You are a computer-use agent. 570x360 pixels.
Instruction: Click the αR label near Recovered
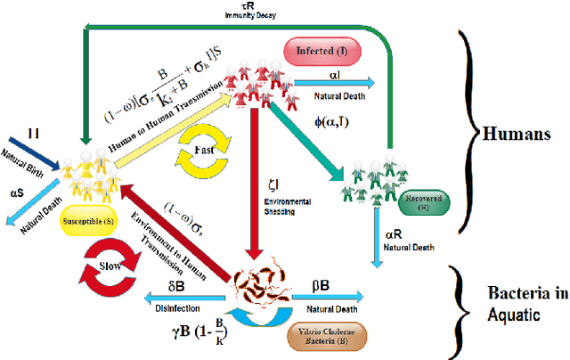point(395,234)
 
